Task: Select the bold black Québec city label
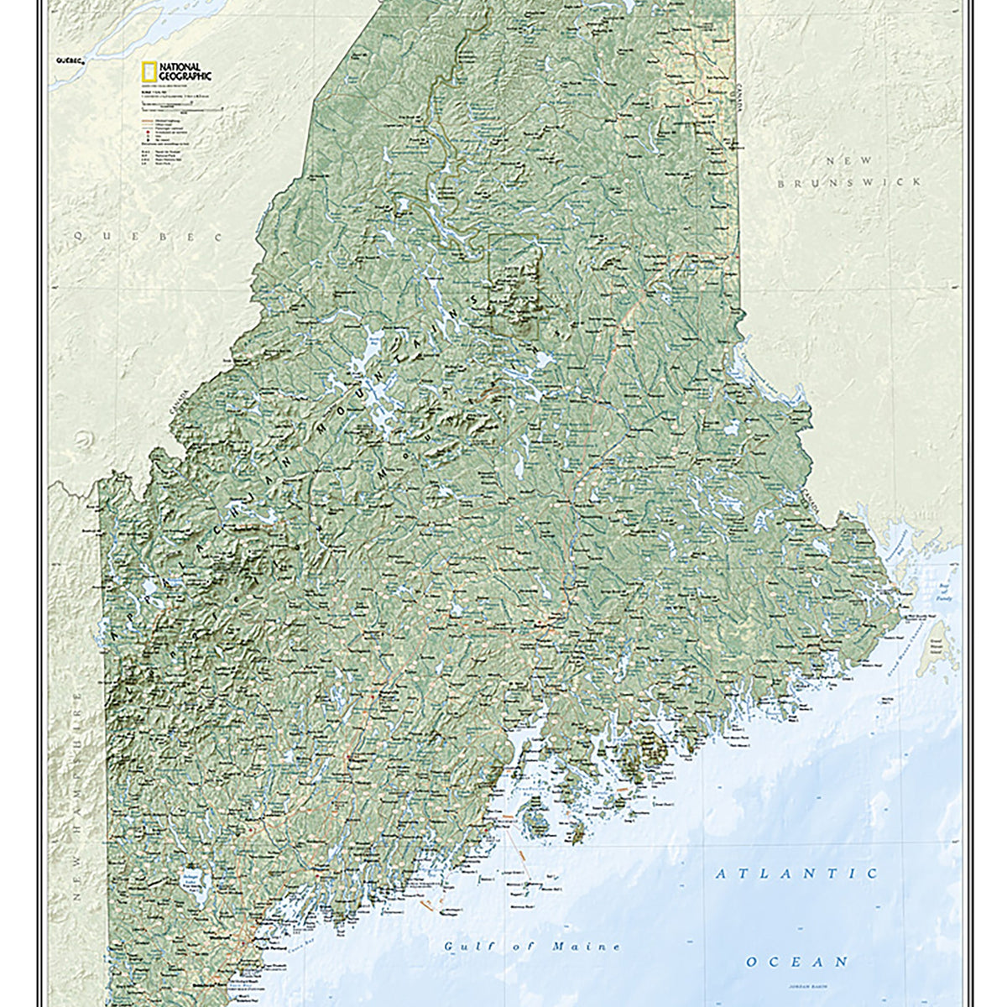66,61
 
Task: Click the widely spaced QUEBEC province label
148,237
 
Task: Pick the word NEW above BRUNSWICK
848,159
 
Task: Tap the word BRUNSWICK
848,181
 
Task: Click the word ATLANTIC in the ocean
796,874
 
